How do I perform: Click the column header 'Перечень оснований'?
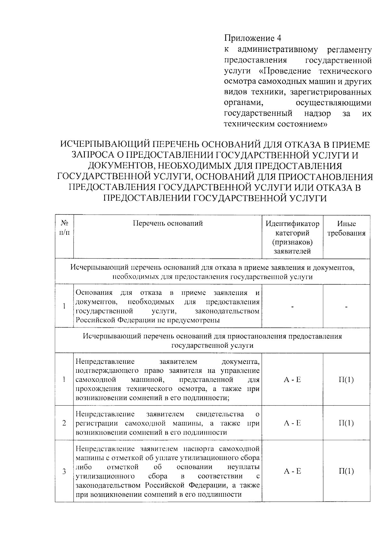click(168, 223)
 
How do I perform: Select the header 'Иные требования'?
click(346, 228)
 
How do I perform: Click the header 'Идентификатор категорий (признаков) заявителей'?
click(292, 237)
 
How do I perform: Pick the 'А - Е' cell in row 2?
click(292, 423)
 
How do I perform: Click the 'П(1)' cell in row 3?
click(346, 471)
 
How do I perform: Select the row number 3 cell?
click(64, 471)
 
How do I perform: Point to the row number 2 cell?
click(64, 423)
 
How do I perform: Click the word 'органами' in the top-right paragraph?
click(243, 103)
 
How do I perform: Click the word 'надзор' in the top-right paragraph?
click(318, 114)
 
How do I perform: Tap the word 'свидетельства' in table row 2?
click(220, 414)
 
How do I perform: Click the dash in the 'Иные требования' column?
click(346, 306)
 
